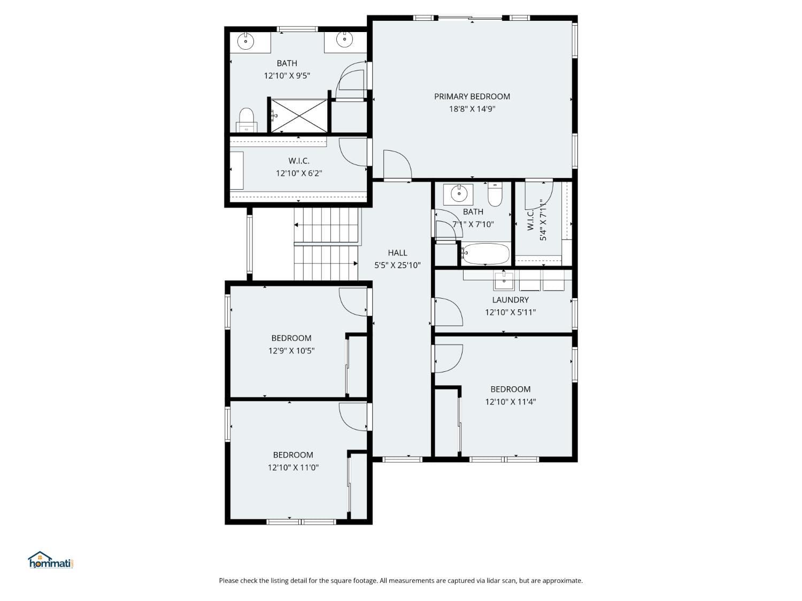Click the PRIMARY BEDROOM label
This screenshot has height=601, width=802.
coord(472,97)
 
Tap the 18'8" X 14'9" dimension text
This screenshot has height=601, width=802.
coord(472,109)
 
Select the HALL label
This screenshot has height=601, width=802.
coord(397,253)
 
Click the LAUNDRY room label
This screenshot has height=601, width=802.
coord(510,300)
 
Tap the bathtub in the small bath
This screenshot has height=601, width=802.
coord(485,254)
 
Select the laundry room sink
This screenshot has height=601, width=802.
coord(504,279)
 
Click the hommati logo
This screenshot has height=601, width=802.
coord(50,560)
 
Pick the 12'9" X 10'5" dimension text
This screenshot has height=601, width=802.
coord(291,351)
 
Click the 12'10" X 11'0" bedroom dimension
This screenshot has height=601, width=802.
coord(293,467)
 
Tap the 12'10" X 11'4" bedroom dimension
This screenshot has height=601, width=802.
coord(510,402)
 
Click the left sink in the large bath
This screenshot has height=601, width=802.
coord(246,41)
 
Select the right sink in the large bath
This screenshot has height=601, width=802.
coord(344,40)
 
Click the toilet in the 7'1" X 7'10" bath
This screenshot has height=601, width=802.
coord(495,194)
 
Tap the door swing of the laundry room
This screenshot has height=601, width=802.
coord(448,312)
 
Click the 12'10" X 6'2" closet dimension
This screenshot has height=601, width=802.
coord(298,173)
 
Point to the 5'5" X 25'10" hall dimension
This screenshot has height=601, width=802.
coord(397,265)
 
